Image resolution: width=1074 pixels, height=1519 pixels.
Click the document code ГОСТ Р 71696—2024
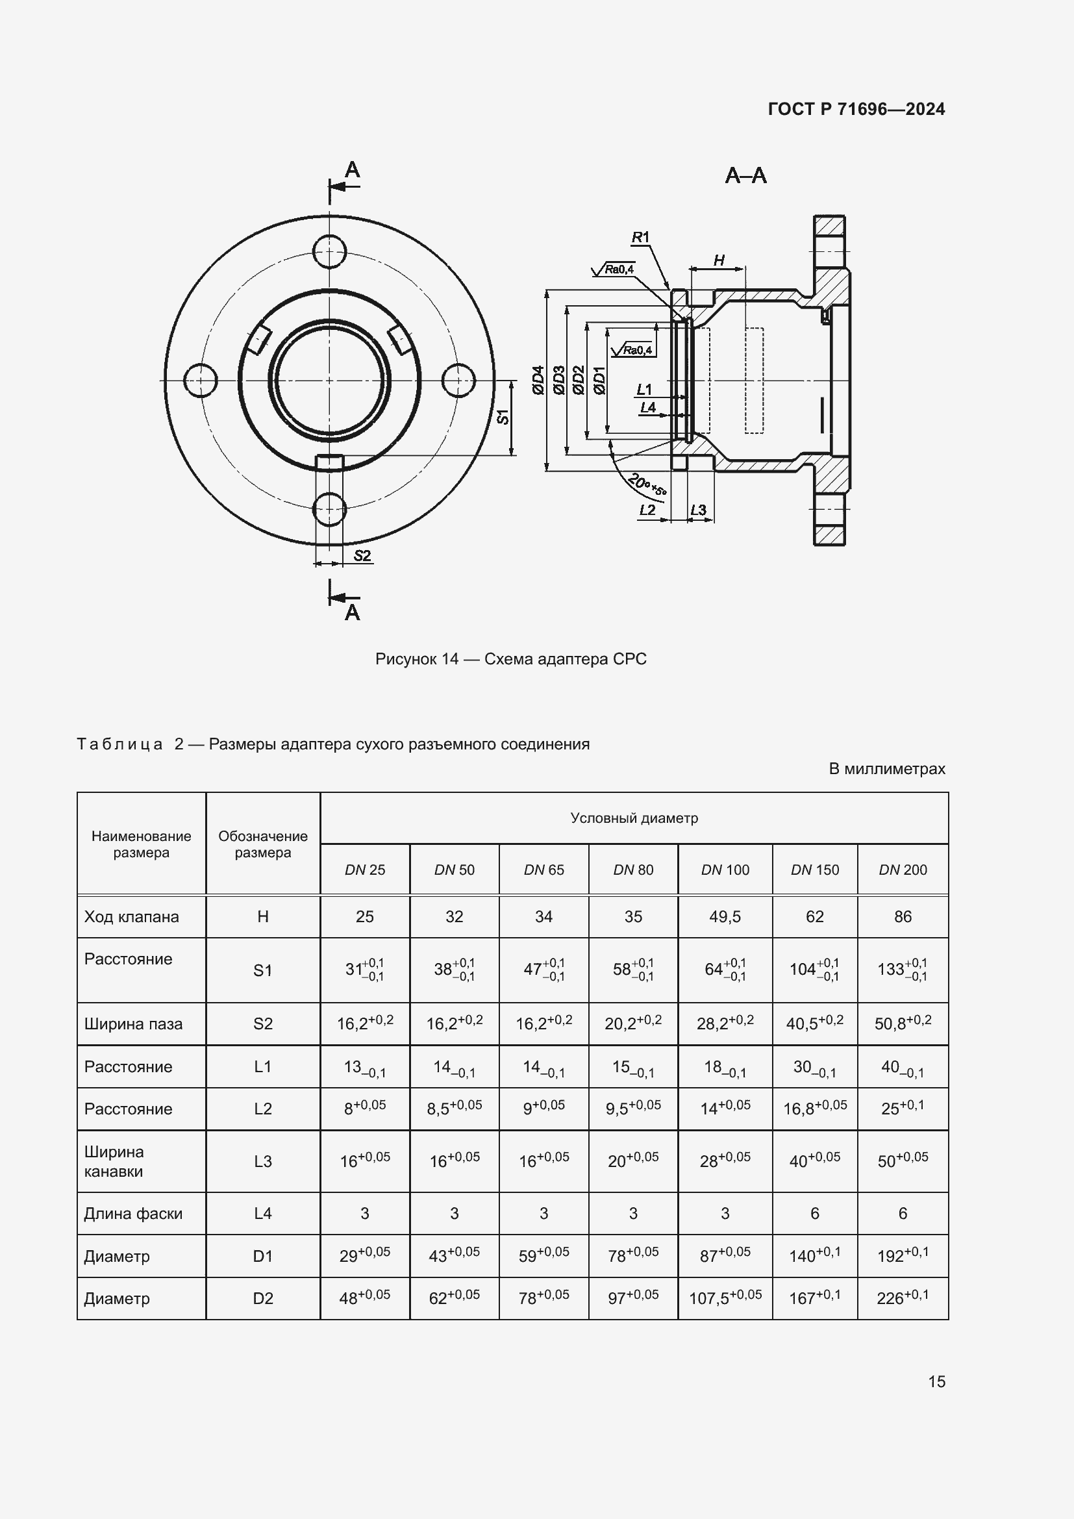pyautogui.click(x=856, y=109)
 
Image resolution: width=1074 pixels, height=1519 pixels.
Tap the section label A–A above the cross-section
pyautogui.click(x=745, y=176)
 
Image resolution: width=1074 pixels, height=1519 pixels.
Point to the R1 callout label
pyautogui.click(x=640, y=237)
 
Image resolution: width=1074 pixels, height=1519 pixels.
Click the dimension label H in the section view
pyautogui.click(x=719, y=260)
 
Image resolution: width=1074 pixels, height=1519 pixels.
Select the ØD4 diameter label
pyautogui.click(x=538, y=381)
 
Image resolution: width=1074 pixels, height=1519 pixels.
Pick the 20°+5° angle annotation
pyautogui.click(x=646, y=485)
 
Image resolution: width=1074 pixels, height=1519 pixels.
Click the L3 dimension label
pyautogui.click(x=699, y=510)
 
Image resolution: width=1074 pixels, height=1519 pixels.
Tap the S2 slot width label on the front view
pyautogui.click(x=362, y=556)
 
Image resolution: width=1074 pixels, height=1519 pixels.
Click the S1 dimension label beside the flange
pyautogui.click(x=503, y=417)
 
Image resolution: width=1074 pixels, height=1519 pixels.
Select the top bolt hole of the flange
pyautogui.click(x=329, y=251)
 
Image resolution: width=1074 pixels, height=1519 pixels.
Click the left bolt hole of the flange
pyautogui.click(x=201, y=381)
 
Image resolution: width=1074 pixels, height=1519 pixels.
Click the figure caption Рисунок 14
pyautogui.click(x=510, y=659)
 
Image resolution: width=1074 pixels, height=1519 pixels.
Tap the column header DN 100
pyautogui.click(x=725, y=870)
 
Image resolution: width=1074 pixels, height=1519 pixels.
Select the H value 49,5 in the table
pyautogui.click(x=725, y=917)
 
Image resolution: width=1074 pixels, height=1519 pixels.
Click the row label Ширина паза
pyautogui.click(x=133, y=1024)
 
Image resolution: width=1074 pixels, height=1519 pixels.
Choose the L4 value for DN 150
pyautogui.click(x=814, y=1213)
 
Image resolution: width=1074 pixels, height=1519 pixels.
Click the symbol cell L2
pyautogui.click(x=262, y=1109)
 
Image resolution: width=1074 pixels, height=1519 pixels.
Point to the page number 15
pyautogui.click(x=936, y=1382)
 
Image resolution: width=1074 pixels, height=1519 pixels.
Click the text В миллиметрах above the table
pyautogui.click(x=886, y=769)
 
